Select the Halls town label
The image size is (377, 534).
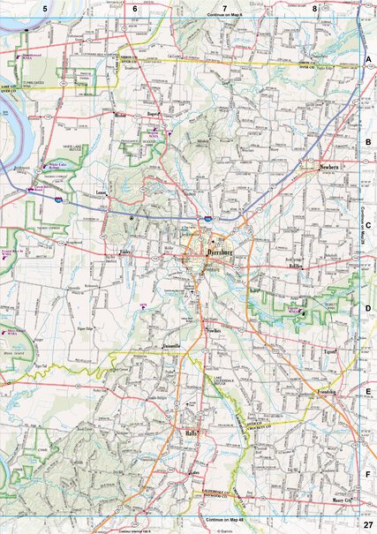point(193,433)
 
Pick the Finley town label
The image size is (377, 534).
point(125,252)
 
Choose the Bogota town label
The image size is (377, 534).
point(152,114)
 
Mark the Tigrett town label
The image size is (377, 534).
point(330,350)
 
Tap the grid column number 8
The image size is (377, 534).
point(315,8)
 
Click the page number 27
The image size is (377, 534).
point(367,526)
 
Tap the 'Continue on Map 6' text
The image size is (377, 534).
point(224,16)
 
